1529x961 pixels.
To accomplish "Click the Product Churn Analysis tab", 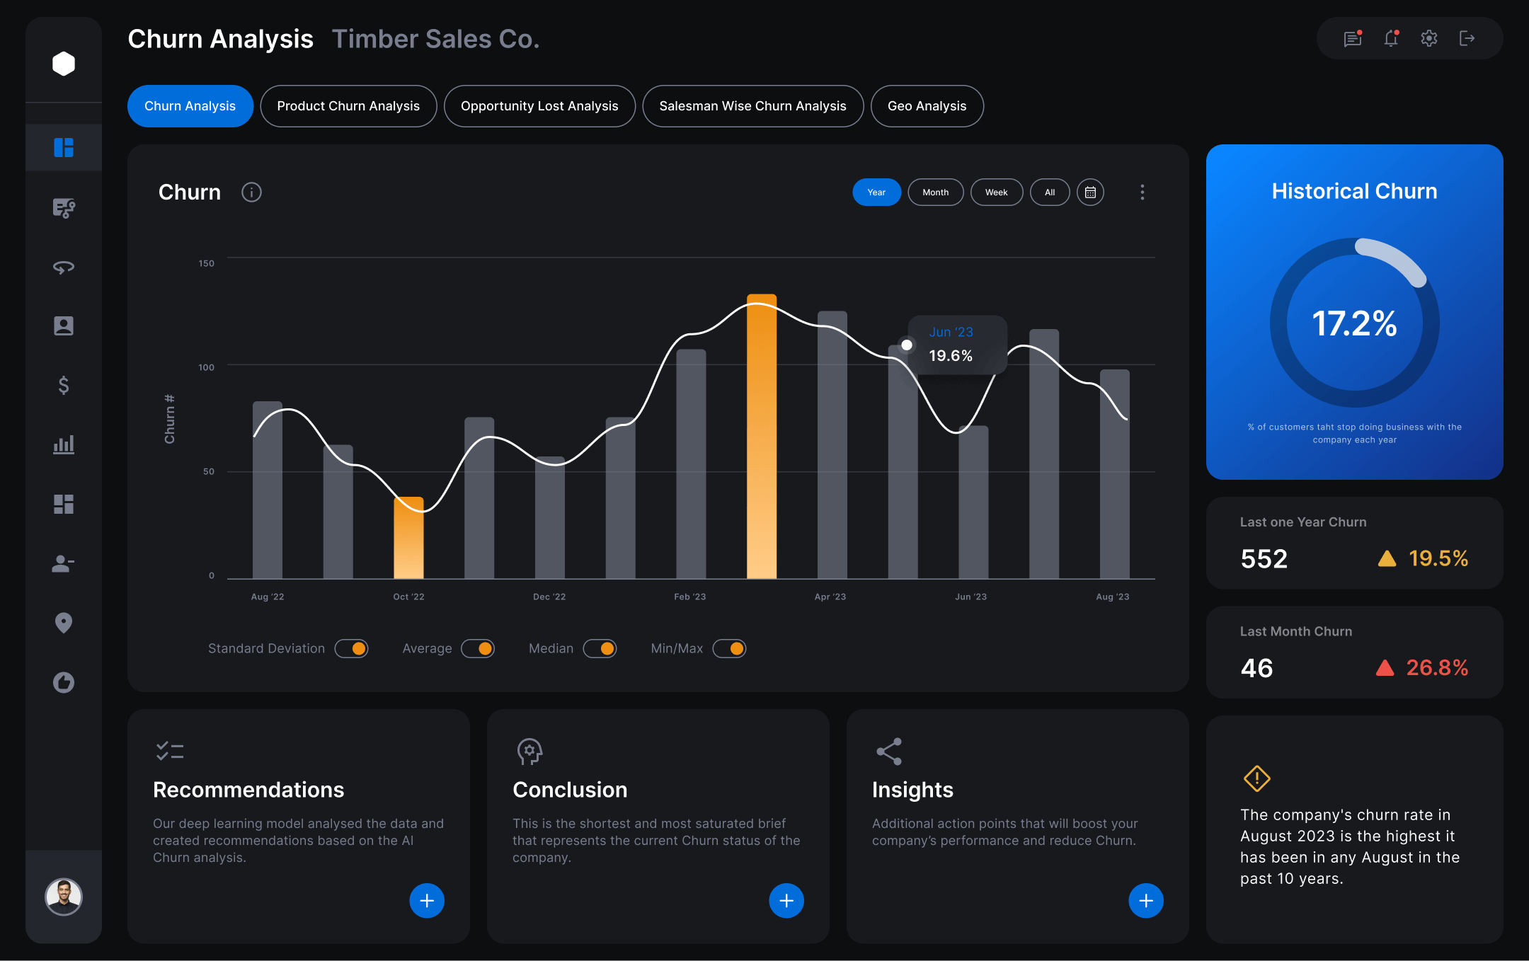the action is (348, 106).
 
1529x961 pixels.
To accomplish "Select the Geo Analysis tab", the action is (927, 106).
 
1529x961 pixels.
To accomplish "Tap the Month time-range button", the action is (935, 192).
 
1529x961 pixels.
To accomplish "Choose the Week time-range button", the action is (996, 192).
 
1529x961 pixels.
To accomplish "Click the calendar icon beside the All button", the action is (1090, 192).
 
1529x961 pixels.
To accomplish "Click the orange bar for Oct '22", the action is (408, 538).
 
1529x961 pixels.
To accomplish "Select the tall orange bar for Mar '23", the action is (762, 437).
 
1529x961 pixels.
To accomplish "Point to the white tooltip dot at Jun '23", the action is (907, 345).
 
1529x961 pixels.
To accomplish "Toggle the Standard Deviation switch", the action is (352, 648).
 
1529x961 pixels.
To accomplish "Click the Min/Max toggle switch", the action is (729, 648).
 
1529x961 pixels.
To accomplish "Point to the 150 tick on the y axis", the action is (206, 263).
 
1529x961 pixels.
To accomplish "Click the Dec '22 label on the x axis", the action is (549, 597).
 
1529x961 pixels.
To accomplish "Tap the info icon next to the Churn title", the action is (251, 192).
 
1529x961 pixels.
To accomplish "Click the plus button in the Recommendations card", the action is (427, 900).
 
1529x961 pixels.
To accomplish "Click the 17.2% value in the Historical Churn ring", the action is (1354, 323).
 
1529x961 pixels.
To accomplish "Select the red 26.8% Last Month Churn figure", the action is (1437, 667).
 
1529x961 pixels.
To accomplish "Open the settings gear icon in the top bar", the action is (1429, 38).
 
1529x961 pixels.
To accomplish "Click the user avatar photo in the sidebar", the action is (64, 897).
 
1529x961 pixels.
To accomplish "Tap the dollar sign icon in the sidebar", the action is (64, 385).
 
